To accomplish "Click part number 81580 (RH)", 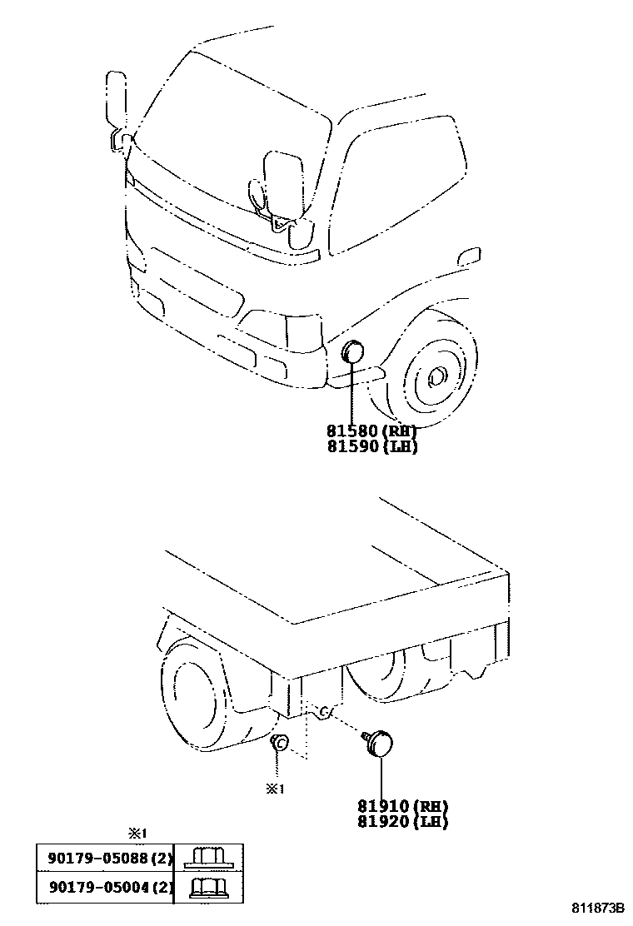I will point(371,431).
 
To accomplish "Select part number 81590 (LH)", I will point(371,446).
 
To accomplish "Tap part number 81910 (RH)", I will point(403,806).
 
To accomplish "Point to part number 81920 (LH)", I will point(403,822).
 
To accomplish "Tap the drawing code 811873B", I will point(597,907).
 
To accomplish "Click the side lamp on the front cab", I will point(353,354).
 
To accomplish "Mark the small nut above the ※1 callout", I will point(281,742).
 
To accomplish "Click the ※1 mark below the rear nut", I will point(275,789).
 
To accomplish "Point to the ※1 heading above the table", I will point(137,832).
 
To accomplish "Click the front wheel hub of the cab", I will point(435,379).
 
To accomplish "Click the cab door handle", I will point(470,255).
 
